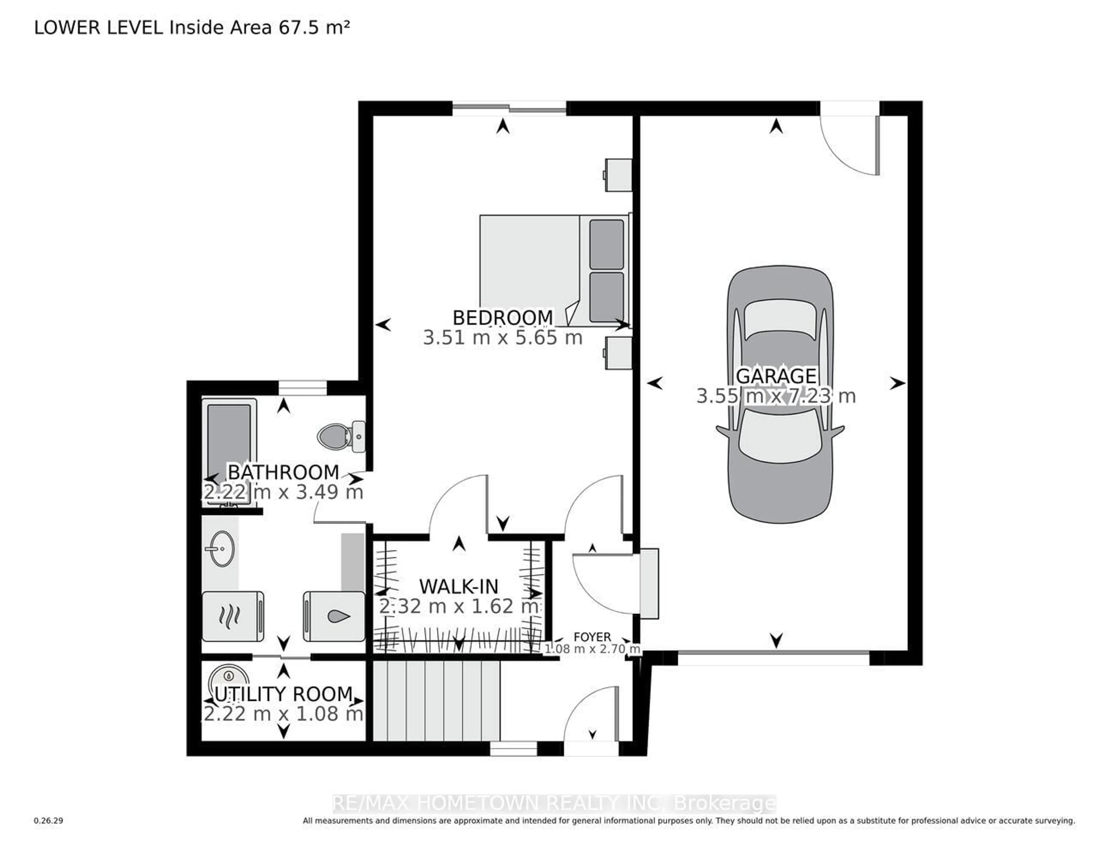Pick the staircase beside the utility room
click(437, 700)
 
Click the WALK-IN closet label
click(459, 586)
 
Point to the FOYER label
click(592, 637)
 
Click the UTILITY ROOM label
click(283, 694)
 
